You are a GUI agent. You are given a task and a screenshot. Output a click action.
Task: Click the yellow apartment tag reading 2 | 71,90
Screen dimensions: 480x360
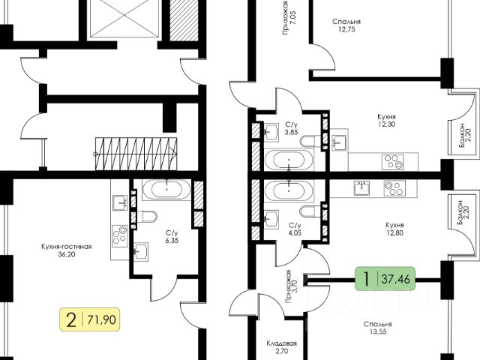point(90,321)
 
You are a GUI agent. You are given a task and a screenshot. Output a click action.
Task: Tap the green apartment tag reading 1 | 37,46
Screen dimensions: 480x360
point(387,280)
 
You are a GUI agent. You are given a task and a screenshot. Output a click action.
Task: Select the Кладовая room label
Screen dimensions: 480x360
point(282,343)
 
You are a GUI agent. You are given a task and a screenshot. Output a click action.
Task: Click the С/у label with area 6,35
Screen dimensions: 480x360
point(172,232)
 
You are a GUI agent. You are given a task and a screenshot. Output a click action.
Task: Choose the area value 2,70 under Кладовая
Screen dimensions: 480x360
point(282,352)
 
